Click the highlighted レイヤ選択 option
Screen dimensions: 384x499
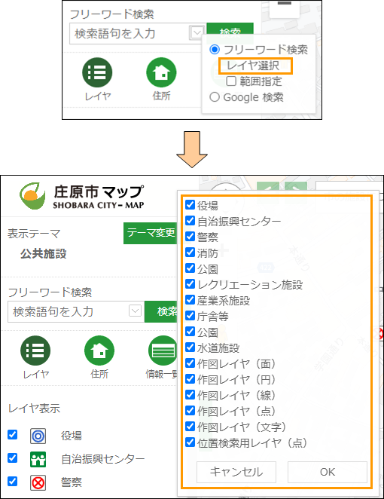253,66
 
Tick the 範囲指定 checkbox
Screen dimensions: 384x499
231,81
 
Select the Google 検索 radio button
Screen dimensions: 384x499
215,96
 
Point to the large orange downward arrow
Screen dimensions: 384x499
192,149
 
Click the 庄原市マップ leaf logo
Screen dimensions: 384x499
32,196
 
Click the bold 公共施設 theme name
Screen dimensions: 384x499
43,253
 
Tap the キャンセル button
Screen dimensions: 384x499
236,472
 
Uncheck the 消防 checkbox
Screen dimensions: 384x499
190,252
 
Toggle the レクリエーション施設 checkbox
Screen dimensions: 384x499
190,283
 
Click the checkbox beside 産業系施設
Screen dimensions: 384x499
190,299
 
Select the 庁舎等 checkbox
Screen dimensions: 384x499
190,315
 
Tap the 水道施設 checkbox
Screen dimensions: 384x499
190,347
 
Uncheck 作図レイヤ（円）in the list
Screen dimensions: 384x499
190,378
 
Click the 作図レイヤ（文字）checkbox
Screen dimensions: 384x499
190,426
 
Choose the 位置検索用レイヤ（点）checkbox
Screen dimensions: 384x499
190,442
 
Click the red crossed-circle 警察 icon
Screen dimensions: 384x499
38,482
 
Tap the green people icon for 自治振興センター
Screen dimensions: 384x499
38,459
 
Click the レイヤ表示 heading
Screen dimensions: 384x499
34,409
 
